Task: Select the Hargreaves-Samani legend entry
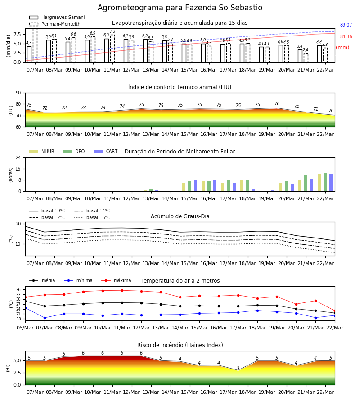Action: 57,17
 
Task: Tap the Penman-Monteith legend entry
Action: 55,24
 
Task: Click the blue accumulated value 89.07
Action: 346,25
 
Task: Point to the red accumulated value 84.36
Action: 346,37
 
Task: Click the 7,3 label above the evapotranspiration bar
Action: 112,31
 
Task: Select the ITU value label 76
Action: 277,103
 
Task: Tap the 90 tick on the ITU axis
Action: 18,93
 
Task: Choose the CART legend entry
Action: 106,151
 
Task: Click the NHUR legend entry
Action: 42,151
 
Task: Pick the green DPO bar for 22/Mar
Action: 325,182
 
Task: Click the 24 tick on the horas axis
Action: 18,157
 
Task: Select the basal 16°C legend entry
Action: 92,217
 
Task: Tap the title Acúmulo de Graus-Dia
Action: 180,216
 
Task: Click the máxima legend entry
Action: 117,280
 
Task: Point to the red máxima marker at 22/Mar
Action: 335,310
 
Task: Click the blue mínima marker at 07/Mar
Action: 45,318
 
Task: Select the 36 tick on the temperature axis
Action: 19,290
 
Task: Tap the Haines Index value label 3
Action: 238,368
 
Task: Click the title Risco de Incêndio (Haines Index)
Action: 180,345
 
